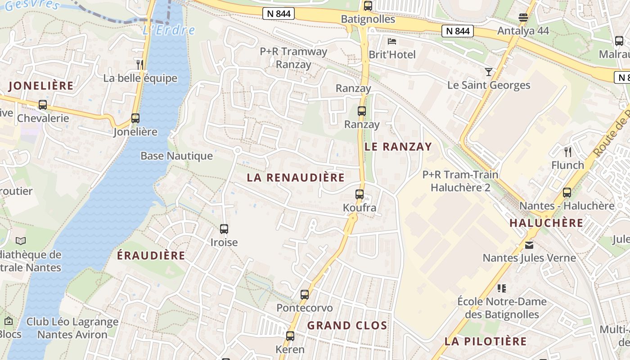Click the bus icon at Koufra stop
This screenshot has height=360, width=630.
tap(359, 194)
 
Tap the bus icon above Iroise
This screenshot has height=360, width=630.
tap(224, 229)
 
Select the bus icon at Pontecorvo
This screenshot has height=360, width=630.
tap(305, 295)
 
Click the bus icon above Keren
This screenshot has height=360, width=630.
tap(290, 336)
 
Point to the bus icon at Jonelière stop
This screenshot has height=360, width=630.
tap(135, 118)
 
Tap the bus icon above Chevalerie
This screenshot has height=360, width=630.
tap(43, 105)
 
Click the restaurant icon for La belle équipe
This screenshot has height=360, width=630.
tap(140, 64)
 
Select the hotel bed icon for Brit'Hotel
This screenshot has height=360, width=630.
tap(392, 41)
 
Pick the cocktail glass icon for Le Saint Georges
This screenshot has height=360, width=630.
tap(489, 72)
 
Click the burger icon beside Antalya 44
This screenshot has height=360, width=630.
tap(523, 18)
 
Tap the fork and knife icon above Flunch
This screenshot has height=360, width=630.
tap(567, 151)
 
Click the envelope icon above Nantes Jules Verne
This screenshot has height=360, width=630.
tap(529, 245)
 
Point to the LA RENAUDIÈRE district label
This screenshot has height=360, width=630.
tap(296, 178)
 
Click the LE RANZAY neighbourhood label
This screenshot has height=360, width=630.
tap(398, 147)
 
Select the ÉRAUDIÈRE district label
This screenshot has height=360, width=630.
tap(151, 256)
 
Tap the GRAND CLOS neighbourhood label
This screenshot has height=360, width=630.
tap(347, 325)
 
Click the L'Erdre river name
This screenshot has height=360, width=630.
tap(169, 30)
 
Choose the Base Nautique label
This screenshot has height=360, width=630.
tap(176, 156)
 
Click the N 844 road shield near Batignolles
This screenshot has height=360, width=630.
tap(279, 13)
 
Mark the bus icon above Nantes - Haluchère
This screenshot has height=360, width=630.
tap(567, 193)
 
